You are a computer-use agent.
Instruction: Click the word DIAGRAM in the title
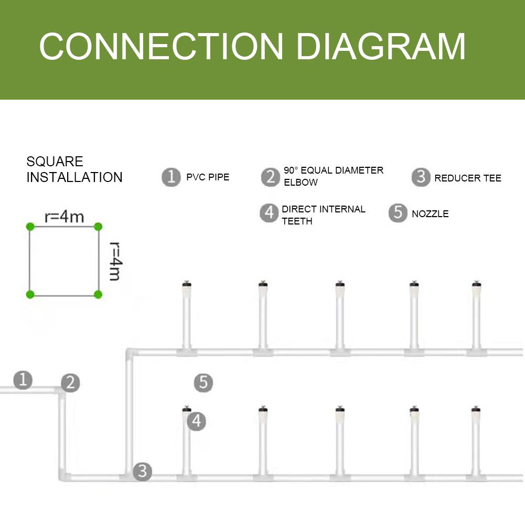[x=381, y=47]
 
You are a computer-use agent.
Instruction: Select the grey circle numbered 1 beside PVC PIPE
[x=171, y=177]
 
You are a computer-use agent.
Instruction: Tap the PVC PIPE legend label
[x=208, y=177]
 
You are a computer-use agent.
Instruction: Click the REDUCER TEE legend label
[x=468, y=178]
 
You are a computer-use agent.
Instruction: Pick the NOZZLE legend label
[x=430, y=214]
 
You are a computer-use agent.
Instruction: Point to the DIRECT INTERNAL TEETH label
[x=323, y=215]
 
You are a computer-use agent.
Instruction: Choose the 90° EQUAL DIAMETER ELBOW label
[x=334, y=176]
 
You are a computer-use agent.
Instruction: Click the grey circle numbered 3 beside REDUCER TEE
[x=421, y=177]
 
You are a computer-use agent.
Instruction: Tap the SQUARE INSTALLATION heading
[x=74, y=169]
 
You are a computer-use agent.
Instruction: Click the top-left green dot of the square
[x=30, y=227]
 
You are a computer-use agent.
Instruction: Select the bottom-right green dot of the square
[x=98, y=294]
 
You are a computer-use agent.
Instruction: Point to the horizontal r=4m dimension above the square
[x=64, y=217]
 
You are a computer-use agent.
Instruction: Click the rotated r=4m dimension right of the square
[x=115, y=261]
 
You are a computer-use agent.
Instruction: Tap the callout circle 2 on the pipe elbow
[x=70, y=383]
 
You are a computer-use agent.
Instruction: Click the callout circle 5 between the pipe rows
[x=203, y=383]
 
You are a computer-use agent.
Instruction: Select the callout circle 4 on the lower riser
[x=196, y=421]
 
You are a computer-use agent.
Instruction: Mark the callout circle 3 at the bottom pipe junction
[x=142, y=471]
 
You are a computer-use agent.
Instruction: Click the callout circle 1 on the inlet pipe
[x=23, y=379]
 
